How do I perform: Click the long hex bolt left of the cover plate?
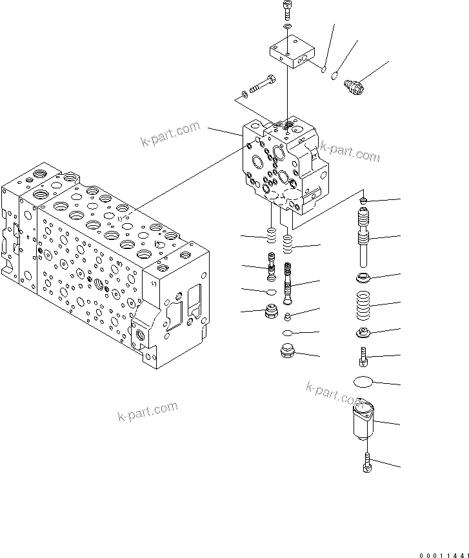coord(261,84)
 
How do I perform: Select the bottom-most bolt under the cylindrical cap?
coord(367,463)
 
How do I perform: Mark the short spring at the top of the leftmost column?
coord(272,235)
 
